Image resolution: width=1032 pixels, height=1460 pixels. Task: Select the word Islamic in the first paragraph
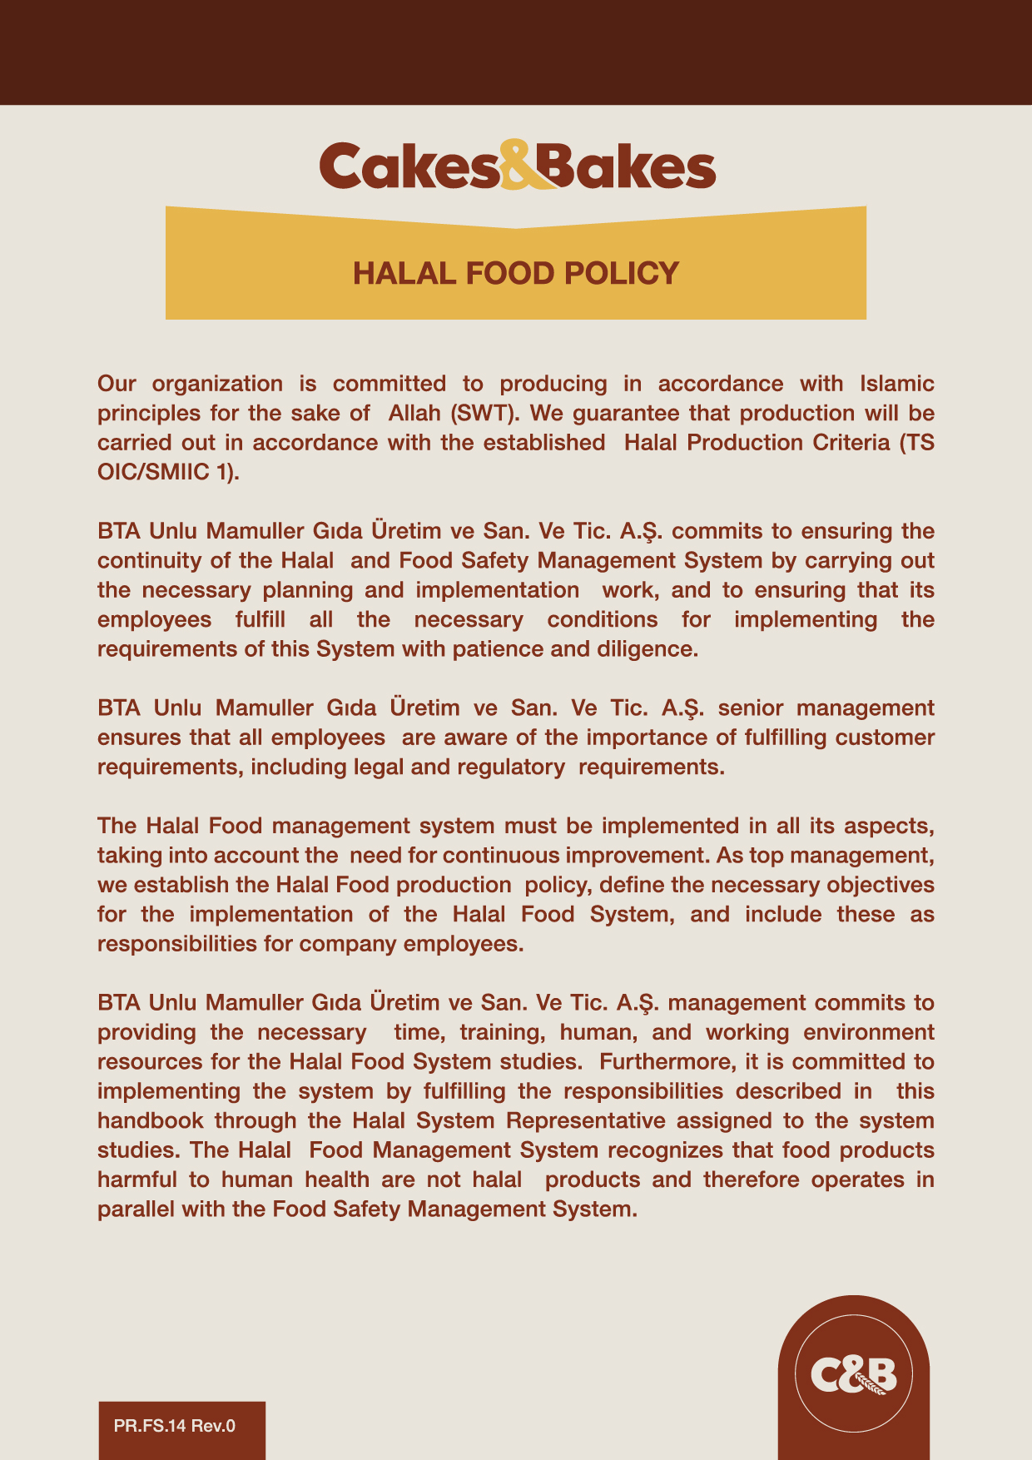(896, 384)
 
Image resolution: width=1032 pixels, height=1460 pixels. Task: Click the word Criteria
(851, 443)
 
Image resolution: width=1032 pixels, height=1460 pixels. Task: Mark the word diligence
(647, 649)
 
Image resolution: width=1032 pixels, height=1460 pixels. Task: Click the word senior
(750, 708)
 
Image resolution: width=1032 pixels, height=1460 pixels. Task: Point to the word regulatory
(512, 767)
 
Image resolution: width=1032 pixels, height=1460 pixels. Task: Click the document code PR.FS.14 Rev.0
(175, 1426)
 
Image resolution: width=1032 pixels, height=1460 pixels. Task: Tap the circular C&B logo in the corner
(853, 1374)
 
